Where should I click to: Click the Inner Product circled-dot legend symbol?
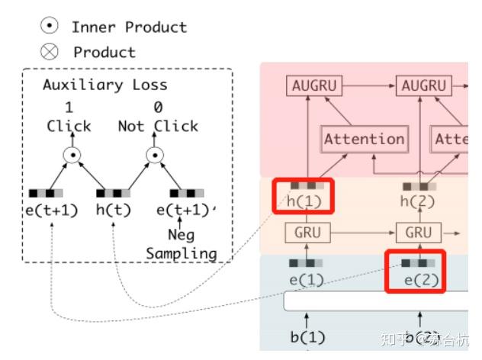[49, 26]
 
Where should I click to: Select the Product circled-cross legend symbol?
[49, 52]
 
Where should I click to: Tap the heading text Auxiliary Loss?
[104, 85]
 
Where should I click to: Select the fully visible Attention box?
[364, 139]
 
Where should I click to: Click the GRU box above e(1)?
[307, 233]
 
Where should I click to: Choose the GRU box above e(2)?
[419, 233]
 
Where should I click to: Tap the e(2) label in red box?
[419, 280]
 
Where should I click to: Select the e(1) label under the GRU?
[306, 280]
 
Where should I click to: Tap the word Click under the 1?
[69, 126]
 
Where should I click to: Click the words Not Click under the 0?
[158, 126]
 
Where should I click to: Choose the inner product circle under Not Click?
[156, 156]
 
